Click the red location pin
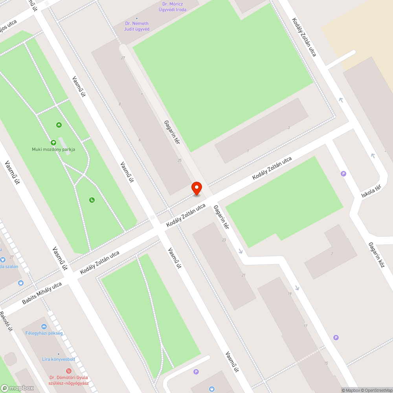(x=196, y=188)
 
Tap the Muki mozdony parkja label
(x=53, y=149)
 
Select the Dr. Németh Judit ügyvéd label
(x=136, y=26)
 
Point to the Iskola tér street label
(x=371, y=191)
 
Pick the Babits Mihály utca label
(x=42, y=293)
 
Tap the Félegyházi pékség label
(x=44, y=333)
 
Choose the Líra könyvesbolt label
(x=59, y=359)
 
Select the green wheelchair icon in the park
(x=92, y=200)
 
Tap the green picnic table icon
(x=59, y=125)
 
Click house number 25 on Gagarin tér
(x=180, y=160)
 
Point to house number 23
(x=224, y=240)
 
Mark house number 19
(x=290, y=294)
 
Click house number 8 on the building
(x=120, y=104)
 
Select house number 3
(x=288, y=128)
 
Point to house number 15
(x=326, y=363)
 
